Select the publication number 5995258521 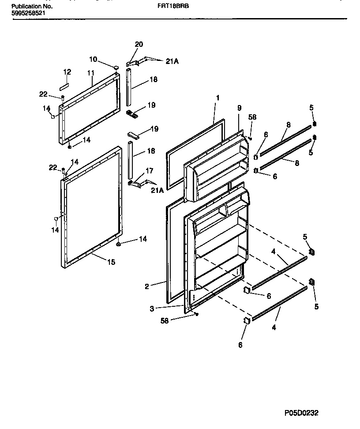[x=27, y=14]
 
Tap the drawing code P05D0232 [x=301, y=413]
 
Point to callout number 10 [x=93, y=59]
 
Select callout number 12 [x=67, y=71]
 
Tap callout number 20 [x=139, y=45]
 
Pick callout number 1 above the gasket [x=217, y=97]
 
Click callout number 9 [x=239, y=107]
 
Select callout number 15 [x=111, y=262]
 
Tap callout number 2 [x=147, y=286]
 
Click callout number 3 [x=152, y=309]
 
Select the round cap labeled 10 [x=116, y=67]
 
